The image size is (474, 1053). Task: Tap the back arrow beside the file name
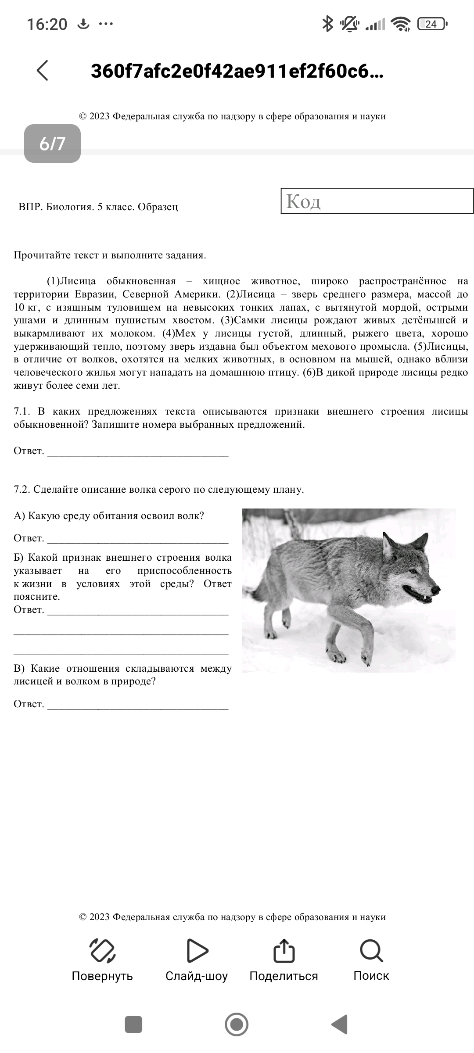coord(43,71)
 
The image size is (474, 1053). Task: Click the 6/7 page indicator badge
coord(52,143)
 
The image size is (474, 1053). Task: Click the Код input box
coord(377,201)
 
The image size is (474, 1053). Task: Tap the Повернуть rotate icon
coord(102,951)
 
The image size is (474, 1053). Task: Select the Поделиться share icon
coord(284,951)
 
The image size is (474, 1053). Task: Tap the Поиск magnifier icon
coord(371,951)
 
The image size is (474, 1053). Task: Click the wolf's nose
coord(436,589)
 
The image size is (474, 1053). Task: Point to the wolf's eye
coord(412,572)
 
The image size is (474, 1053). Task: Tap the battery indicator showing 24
coord(432,24)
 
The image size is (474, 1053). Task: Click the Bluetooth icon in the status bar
coord(327,24)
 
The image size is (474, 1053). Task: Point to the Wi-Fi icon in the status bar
coord(400,24)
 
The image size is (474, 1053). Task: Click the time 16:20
coord(47,24)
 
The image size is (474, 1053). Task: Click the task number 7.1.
coord(22,412)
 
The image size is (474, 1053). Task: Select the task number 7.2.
coord(22,489)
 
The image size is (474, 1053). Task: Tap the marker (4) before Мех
coord(169,333)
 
